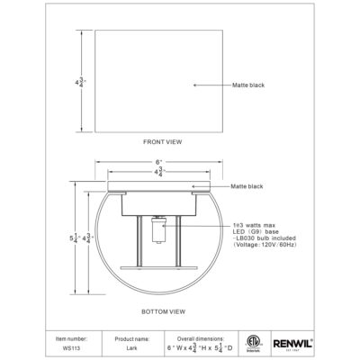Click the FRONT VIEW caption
[163, 142]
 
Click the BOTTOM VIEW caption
[163, 310]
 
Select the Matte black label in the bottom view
[246, 185]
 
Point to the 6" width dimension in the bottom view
[158, 163]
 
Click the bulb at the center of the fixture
[159, 232]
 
